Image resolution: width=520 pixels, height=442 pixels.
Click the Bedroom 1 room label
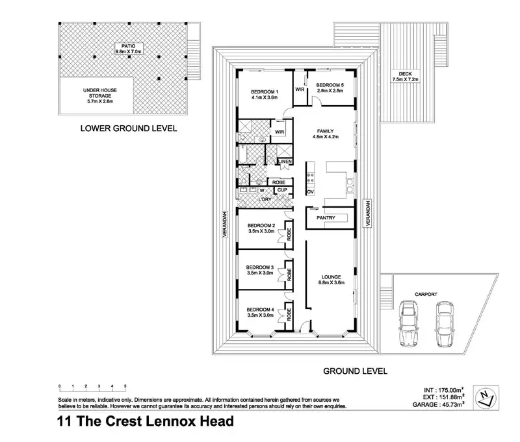[x=265, y=94]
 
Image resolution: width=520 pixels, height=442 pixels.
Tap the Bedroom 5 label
[x=330, y=88]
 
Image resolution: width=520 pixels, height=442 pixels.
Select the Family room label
[x=325, y=134]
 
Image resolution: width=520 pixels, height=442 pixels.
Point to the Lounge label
[x=331, y=280]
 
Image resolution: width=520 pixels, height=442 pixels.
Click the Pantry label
[x=326, y=218]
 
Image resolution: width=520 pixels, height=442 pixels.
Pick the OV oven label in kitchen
[x=311, y=191]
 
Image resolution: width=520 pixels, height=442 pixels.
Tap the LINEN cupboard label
[x=285, y=162]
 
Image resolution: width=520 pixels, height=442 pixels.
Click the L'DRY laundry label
[x=265, y=199]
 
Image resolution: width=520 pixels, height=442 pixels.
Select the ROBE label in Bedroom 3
[x=289, y=275]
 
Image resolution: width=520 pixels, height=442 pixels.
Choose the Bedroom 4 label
[x=261, y=312]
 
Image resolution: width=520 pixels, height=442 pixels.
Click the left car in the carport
[x=408, y=323]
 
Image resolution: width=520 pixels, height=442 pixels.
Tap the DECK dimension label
[x=405, y=77]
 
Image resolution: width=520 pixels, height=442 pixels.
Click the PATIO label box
[x=128, y=49]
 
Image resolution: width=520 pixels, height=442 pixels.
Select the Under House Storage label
[x=100, y=95]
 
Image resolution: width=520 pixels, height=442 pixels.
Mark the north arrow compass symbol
[x=486, y=398]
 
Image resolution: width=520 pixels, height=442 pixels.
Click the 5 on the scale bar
[x=125, y=386]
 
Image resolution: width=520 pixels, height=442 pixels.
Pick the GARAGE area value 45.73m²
[x=452, y=404]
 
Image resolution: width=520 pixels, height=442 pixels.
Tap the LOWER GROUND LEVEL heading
[x=129, y=129]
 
